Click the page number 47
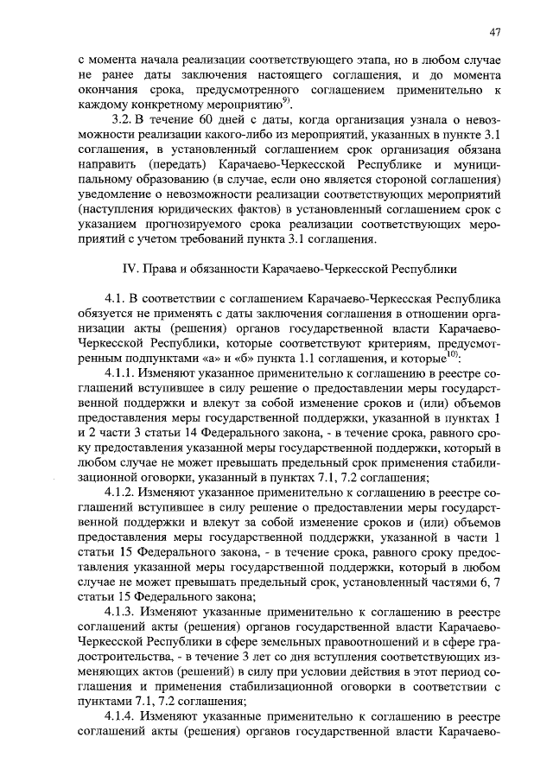point(494,33)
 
